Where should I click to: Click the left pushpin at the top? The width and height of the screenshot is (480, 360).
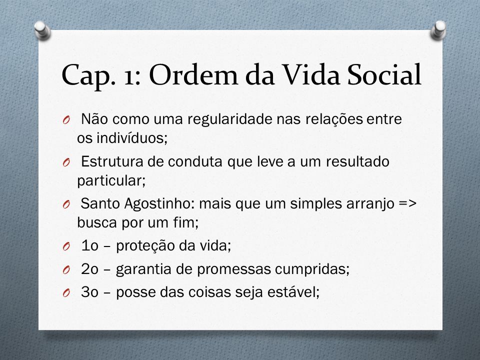click(42, 30)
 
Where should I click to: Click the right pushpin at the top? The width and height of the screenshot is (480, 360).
click(438, 30)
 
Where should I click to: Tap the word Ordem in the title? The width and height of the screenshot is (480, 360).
click(193, 74)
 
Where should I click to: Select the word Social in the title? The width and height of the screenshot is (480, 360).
click(384, 74)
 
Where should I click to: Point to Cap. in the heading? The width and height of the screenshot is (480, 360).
click(86, 76)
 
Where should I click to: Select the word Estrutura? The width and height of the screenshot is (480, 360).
click(112, 161)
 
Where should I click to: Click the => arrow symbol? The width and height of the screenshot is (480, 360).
click(408, 203)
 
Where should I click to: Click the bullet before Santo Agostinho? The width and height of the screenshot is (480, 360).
click(66, 204)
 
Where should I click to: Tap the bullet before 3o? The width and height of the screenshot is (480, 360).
click(66, 293)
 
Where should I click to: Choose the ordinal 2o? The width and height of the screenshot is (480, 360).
click(89, 269)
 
